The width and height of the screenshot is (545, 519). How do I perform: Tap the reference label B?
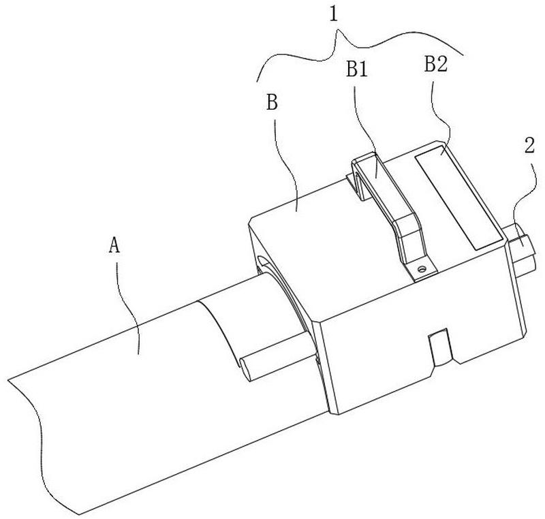pyautogui.click(x=272, y=103)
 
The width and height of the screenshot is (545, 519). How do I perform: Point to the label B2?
pyautogui.click(x=436, y=65)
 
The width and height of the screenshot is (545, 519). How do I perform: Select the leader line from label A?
pyautogui.click(x=125, y=306)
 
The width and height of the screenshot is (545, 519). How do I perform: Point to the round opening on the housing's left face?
pyautogui.click(x=262, y=262)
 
